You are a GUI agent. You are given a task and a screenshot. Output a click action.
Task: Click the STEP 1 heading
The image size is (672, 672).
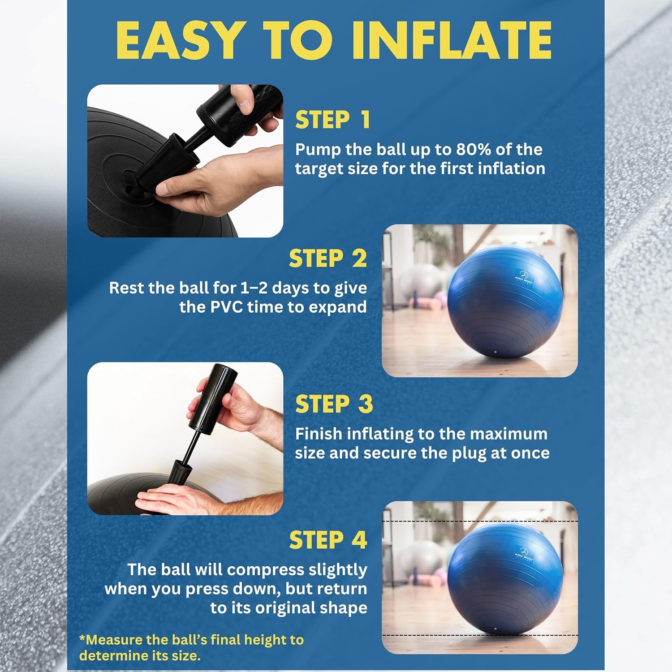coord(332,120)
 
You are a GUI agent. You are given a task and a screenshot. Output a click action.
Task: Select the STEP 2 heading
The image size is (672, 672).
coord(327,259)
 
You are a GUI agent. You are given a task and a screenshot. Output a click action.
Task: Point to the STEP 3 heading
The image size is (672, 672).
coord(334,404)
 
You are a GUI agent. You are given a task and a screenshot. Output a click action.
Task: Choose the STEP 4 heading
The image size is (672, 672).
coord(328,540)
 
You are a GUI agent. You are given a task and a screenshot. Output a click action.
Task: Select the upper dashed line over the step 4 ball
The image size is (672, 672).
coord(479,522)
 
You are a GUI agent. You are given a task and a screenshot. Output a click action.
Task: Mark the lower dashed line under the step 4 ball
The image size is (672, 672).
coord(479,635)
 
